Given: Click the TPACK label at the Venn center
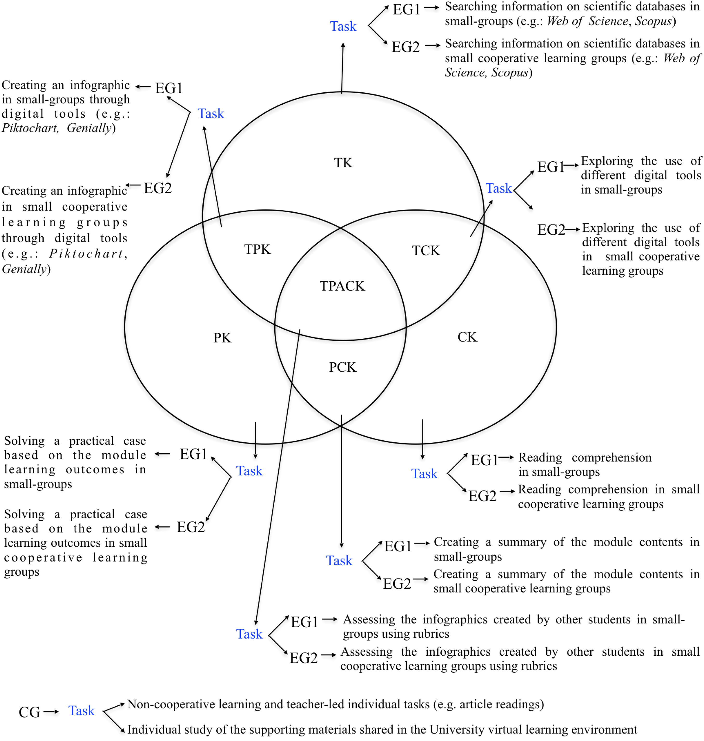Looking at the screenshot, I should pos(342,286).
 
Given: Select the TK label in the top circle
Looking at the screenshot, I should pos(343,163).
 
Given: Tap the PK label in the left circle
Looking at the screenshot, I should pos(222,338).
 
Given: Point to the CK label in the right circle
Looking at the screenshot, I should pos(467,337).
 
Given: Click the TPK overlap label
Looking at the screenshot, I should pos(258,249).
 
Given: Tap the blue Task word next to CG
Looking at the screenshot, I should pos(81,711).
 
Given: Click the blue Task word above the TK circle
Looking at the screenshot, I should pos(343,26).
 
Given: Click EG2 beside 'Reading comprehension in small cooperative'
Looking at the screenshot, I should pos(482,496).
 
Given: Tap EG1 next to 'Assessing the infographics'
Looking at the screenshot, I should pos(304,622).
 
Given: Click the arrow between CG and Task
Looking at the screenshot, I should pos(51,711).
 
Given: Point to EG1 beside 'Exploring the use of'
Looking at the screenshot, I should pos(550,167).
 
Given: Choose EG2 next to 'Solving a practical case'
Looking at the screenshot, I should pos(191,527).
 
